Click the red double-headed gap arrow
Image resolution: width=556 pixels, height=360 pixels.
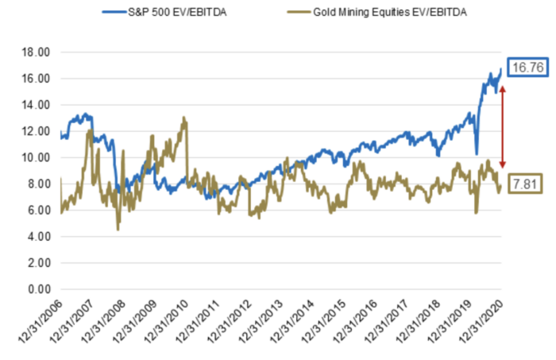click(x=500, y=123)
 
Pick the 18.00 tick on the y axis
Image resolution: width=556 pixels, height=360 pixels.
click(x=37, y=52)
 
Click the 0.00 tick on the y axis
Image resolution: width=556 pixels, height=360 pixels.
click(x=39, y=289)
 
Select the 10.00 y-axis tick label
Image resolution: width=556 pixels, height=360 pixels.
click(x=37, y=158)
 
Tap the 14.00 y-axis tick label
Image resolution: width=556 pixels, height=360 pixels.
click(x=37, y=105)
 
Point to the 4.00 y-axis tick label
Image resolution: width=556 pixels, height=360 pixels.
click(x=39, y=237)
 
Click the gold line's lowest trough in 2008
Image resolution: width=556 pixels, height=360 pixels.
click(x=118, y=230)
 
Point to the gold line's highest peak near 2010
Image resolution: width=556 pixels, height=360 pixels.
click(x=184, y=118)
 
